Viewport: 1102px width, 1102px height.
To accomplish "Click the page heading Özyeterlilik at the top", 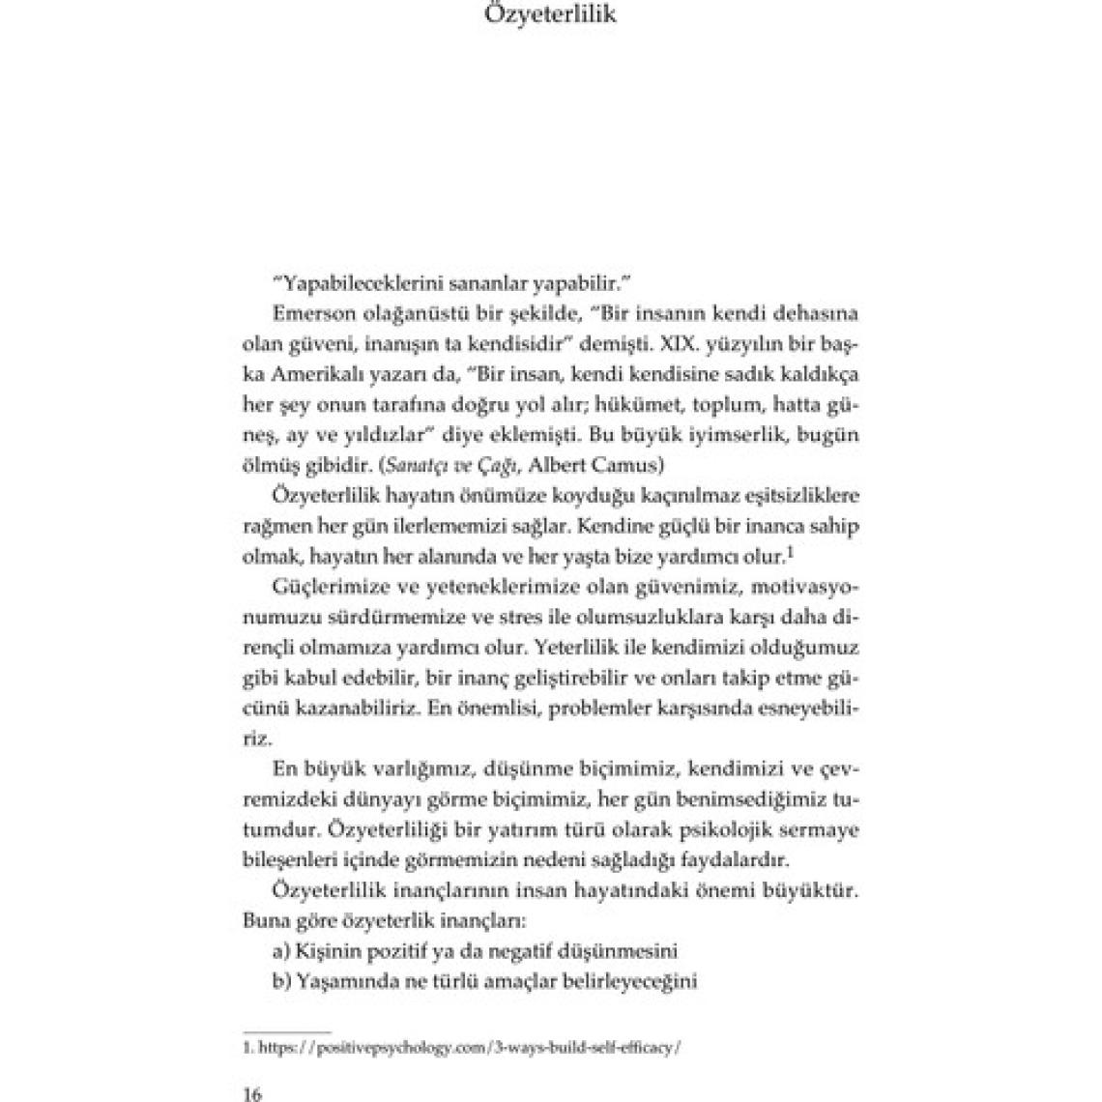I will (x=550, y=16).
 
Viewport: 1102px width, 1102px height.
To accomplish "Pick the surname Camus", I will (x=631, y=464).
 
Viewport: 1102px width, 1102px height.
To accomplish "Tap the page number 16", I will (x=250, y=1093).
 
